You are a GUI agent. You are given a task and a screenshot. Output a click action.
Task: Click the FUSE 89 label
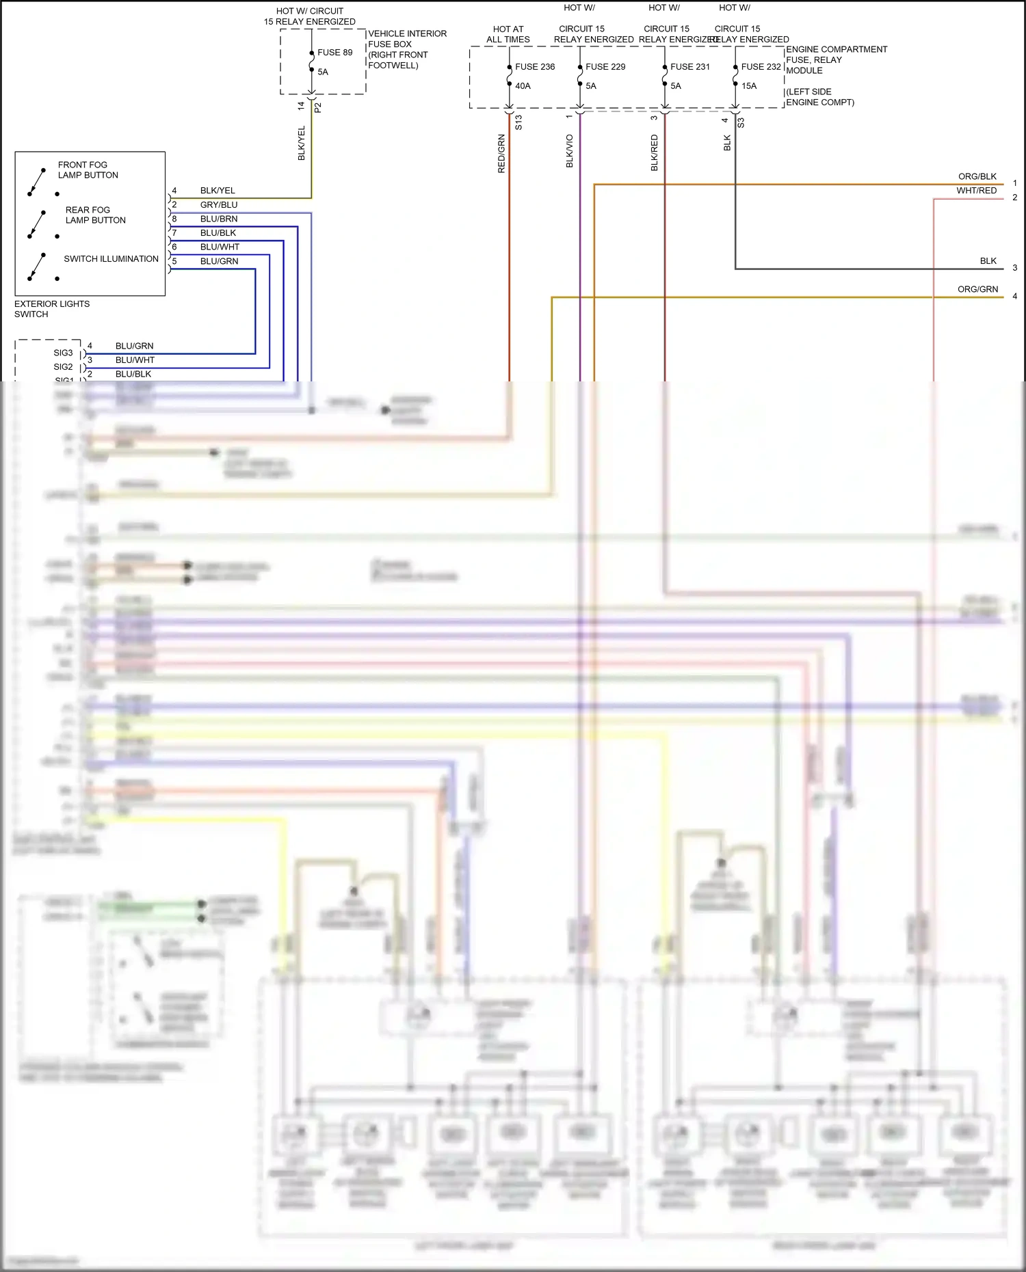pos(334,53)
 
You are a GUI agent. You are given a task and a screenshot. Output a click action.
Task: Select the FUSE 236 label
pos(534,67)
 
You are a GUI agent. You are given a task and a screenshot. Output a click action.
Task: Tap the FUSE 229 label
pos(605,67)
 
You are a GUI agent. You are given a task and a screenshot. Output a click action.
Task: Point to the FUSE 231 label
pos(689,67)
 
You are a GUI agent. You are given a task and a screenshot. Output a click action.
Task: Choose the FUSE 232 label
pos(761,67)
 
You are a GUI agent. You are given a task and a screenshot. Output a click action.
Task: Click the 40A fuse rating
pos(523,86)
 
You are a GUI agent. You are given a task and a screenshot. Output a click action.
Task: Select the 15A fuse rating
pos(749,86)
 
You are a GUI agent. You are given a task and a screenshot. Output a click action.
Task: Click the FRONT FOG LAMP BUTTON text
pos(88,170)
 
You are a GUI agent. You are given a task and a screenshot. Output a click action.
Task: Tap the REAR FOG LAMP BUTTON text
pos(95,215)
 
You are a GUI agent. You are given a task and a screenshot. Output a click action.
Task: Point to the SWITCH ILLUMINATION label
pos(111,259)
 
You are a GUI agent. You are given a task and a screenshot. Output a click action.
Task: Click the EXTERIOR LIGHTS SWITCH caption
pos(51,309)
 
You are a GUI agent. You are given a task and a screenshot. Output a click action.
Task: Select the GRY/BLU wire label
pos(219,205)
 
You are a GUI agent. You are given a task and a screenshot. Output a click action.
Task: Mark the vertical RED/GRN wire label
pos(501,154)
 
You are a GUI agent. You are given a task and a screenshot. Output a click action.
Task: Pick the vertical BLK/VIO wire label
pos(570,151)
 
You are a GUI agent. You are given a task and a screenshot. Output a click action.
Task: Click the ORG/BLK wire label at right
pos(977,176)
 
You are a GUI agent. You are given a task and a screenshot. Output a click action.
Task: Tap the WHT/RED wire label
pos(976,191)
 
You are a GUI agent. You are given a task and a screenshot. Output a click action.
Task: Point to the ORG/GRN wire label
pos(977,289)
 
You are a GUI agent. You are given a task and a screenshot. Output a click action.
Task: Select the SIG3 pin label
pos(63,353)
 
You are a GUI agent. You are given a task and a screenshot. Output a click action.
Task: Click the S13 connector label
pos(518,122)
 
